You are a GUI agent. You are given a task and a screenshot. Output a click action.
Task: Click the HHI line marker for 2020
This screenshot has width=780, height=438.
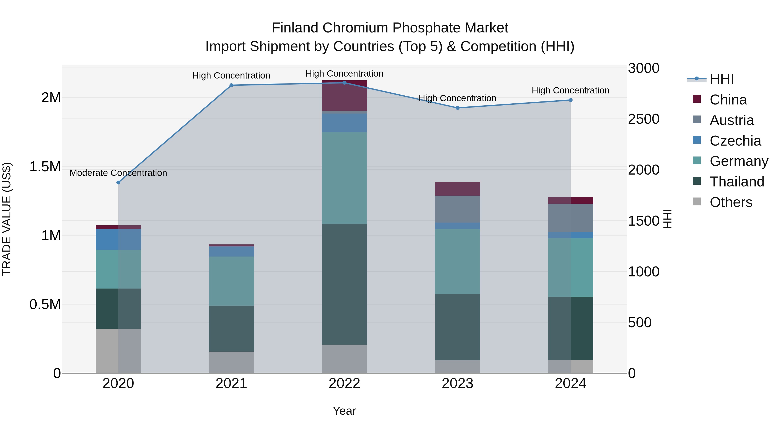coord(118,183)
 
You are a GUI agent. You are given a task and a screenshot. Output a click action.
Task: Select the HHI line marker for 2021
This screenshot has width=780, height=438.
coord(231,85)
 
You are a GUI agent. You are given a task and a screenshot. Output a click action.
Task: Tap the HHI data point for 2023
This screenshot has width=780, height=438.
coord(458,108)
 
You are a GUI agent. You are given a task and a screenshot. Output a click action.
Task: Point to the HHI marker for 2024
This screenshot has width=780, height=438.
coord(570,100)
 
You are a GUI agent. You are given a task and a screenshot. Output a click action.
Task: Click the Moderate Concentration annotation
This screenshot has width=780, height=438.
coord(118,173)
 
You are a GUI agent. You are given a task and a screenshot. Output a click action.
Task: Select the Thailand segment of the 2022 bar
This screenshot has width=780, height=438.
coord(344,284)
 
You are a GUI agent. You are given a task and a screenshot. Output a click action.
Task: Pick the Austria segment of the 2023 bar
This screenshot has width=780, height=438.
coord(458,209)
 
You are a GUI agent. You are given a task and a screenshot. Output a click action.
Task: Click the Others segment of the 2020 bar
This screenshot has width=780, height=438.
coord(118,351)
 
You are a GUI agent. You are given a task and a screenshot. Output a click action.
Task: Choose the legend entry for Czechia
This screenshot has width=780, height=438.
coord(735,141)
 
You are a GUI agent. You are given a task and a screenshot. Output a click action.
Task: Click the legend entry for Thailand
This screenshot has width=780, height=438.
coord(737,182)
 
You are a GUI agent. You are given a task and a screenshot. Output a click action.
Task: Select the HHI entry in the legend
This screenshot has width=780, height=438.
coord(721,79)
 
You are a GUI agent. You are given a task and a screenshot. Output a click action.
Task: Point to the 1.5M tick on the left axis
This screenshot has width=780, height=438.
coord(45,167)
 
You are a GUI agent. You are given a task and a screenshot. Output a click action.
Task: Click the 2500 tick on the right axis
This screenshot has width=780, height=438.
coord(643,119)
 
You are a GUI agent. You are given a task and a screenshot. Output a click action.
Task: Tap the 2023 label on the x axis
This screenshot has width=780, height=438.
coord(458,383)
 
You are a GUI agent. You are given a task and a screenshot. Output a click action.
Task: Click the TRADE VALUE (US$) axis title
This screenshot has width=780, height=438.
coord(7,219)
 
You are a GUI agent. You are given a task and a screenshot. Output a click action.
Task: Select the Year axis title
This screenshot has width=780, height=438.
coord(344,411)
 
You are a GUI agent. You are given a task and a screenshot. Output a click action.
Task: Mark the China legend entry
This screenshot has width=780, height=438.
coord(728,100)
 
